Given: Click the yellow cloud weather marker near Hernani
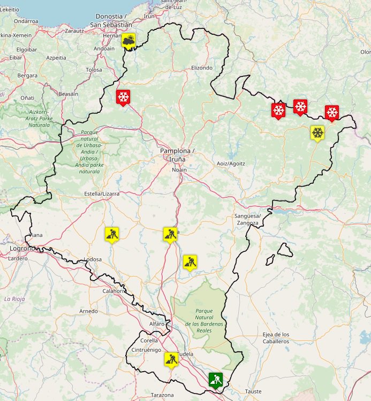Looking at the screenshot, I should [128, 40].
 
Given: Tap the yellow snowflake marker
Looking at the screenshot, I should [317, 132].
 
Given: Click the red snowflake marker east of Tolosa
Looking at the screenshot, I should [123, 97].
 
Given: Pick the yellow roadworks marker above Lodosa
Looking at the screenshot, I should [112, 234].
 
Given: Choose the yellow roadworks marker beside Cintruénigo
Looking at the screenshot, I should [171, 358].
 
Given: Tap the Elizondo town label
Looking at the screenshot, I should [202, 68].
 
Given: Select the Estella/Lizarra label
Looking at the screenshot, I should [102, 194].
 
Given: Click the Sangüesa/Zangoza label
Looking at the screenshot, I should [247, 219].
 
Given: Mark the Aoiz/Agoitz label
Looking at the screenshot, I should [230, 163].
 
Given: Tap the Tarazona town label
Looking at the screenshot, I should [162, 395].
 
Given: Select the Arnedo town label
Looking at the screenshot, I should [88, 311].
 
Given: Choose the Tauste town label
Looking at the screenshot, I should [253, 391].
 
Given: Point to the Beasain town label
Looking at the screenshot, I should [68, 94].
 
